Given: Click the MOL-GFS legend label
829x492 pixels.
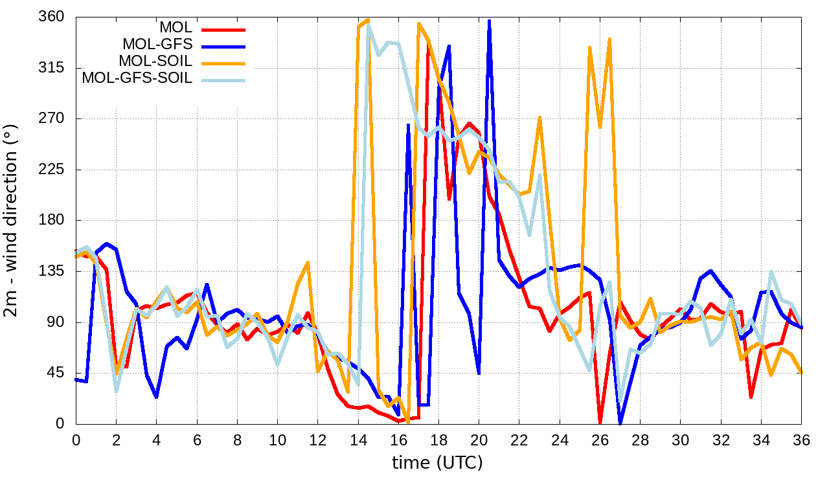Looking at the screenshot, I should coord(157,45).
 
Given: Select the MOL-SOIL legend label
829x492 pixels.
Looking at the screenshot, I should coord(155,61).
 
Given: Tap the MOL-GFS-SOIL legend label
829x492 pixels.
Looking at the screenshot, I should coord(137,78).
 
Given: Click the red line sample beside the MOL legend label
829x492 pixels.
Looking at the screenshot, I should coord(223,28).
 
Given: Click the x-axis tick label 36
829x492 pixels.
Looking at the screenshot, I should coord(802,440).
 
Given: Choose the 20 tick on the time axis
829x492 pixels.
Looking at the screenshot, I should coord(479,440).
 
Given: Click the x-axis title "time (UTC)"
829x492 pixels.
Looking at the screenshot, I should coord(438,463).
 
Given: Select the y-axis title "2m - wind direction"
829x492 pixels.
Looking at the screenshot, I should coord(14,219).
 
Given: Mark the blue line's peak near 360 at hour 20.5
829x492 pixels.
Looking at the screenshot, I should coord(489,21).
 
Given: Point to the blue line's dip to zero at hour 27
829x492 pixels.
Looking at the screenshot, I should coord(620,423).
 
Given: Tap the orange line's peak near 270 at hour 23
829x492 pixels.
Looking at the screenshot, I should coord(539,118).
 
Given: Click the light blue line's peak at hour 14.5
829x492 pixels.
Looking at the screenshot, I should coord(368,23).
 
